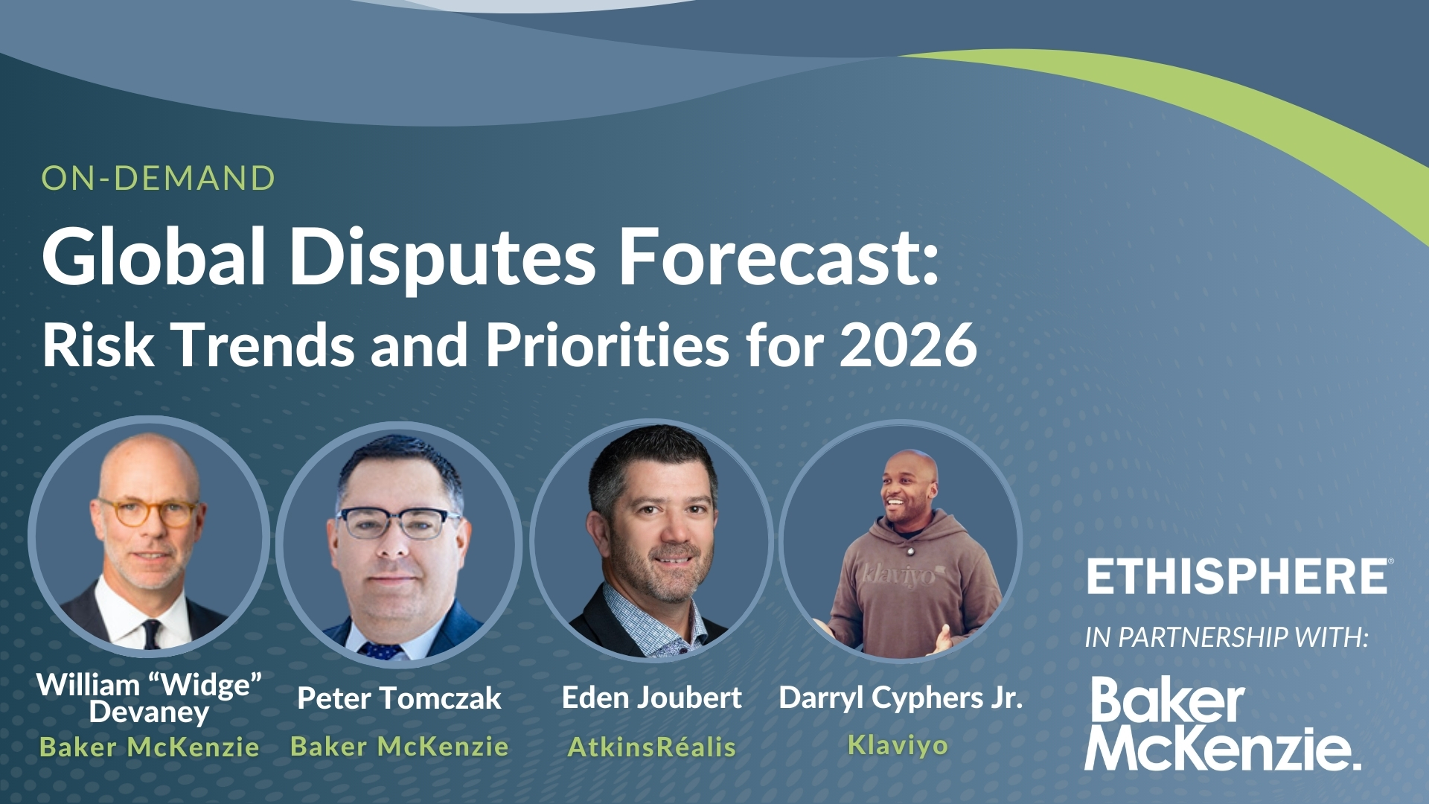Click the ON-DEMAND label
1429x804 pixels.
click(x=159, y=179)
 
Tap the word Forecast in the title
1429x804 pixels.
click(x=779, y=256)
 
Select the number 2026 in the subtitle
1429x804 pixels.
click(x=909, y=345)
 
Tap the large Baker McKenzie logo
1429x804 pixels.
click(x=1222, y=724)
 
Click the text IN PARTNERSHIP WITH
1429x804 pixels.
click(x=1227, y=637)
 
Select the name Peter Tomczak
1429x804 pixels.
click(x=399, y=698)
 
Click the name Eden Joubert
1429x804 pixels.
click(x=652, y=698)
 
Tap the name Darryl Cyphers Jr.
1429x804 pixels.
click(x=901, y=698)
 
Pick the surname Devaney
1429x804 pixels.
click(x=149, y=712)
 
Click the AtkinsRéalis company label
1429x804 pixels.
click(x=652, y=747)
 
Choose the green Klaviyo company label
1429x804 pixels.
click(x=898, y=745)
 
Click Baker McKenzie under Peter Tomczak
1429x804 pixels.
click(x=400, y=746)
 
